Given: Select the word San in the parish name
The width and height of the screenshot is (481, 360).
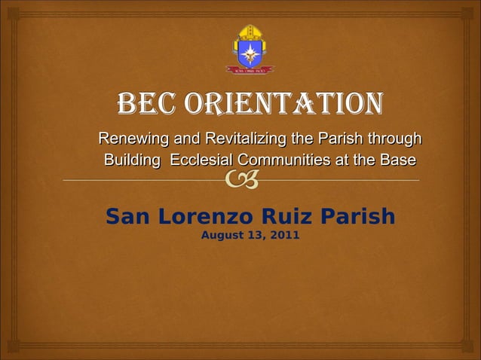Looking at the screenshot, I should click(124, 217).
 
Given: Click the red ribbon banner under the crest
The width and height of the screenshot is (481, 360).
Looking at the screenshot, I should click(250, 70).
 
